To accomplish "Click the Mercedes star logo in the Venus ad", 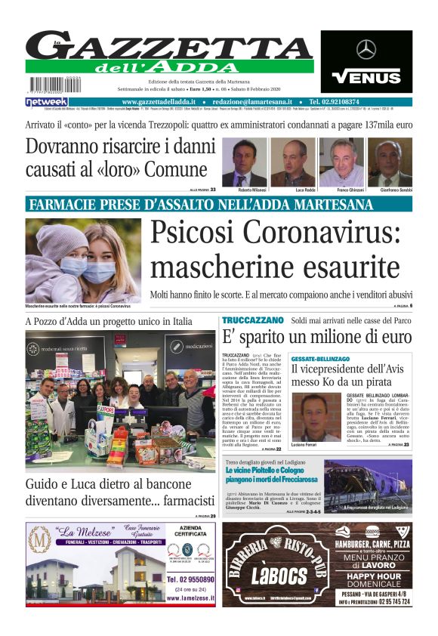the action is pyautogui.click(x=366, y=50).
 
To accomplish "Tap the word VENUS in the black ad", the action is pyautogui.click(x=366, y=76).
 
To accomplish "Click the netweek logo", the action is pyautogui.click(x=46, y=101).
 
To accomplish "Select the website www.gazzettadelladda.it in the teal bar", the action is pyautogui.click(x=160, y=101).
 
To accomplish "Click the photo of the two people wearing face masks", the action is pyautogui.click(x=82, y=261).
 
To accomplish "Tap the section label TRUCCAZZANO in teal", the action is pyautogui.click(x=252, y=321).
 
